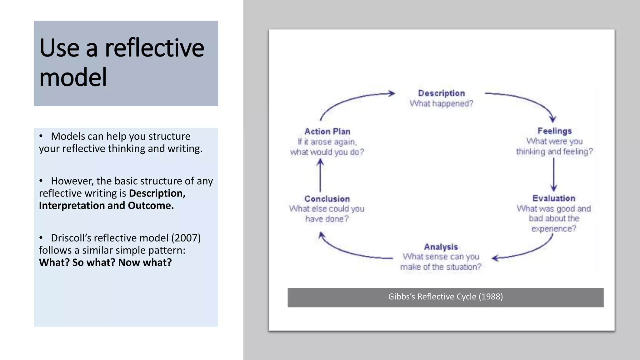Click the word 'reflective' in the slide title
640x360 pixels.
pyautogui.click(x=154, y=48)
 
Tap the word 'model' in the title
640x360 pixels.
pyautogui.click(x=73, y=77)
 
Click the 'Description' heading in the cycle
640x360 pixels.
pyautogui.click(x=441, y=93)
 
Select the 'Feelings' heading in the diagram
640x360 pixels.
pyautogui.click(x=554, y=131)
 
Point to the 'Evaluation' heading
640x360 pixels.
pyautogui.click(x=554, y=198)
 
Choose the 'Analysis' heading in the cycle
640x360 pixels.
pyautogui.click(x=441, y=247)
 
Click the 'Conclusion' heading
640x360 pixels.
pyautogui.click(x=327, y=199)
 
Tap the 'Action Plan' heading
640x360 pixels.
pyautogui.click(x=327, y=132)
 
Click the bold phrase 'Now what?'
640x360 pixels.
pyautogui.click(x=145, y=262)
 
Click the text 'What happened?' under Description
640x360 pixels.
pyautogui.click(x=441, y=103)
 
